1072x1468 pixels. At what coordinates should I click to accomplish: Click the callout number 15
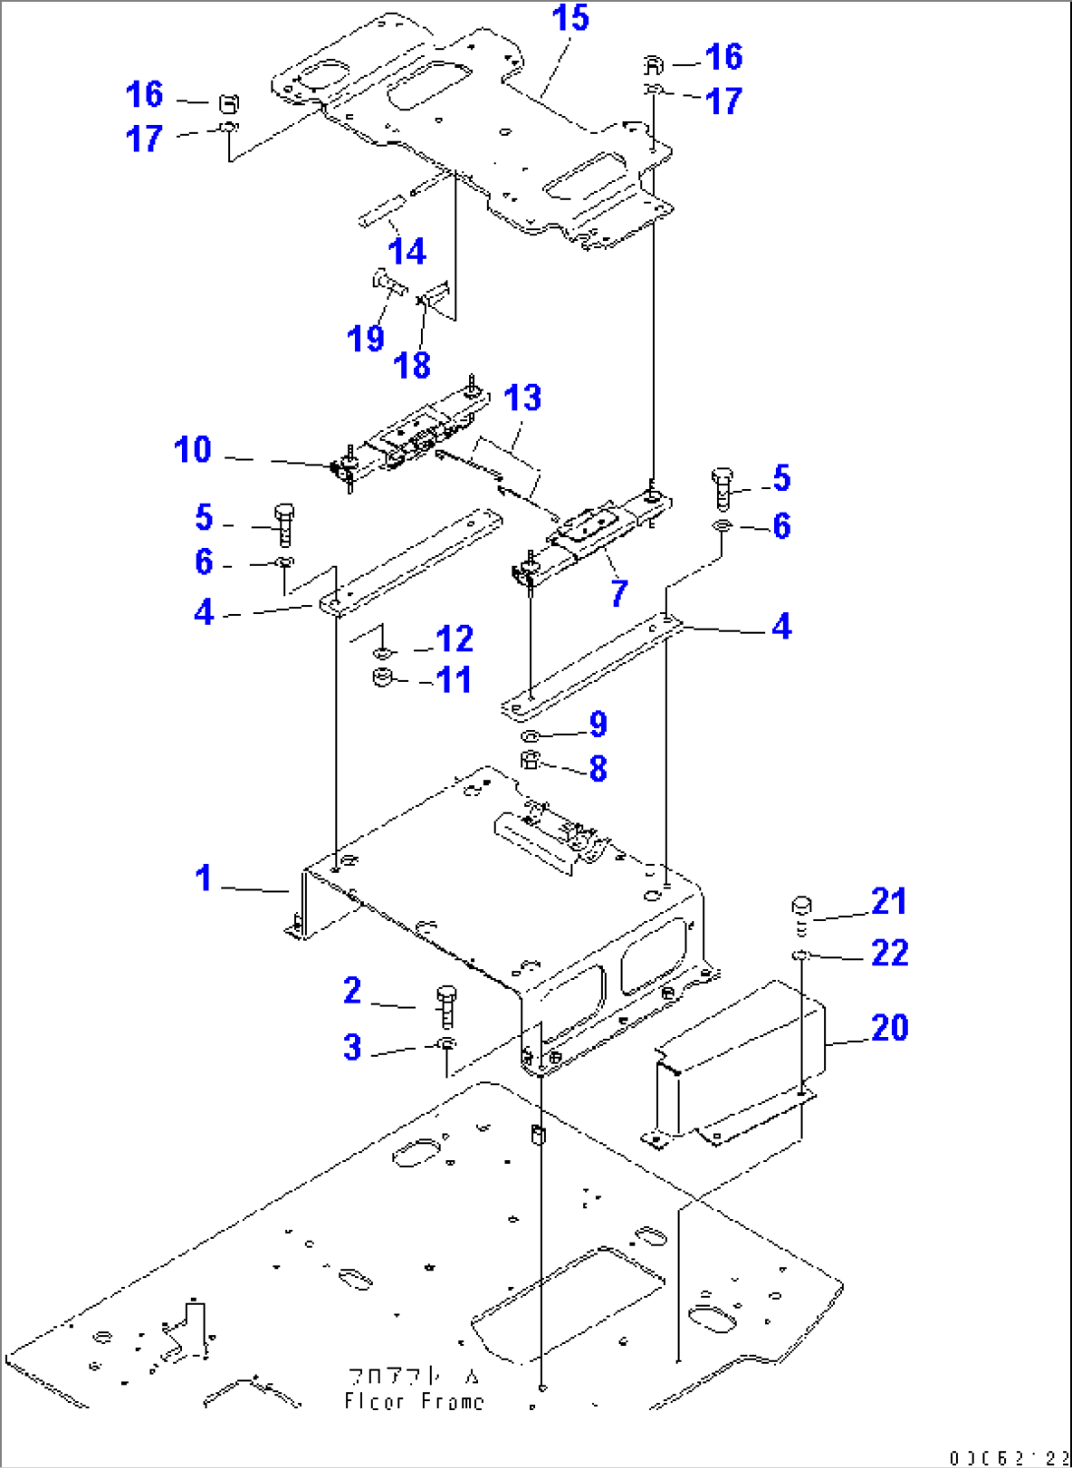point(570,19)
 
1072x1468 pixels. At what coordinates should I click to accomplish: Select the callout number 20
point(889,1028)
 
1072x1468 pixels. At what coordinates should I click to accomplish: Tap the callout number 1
point(204,878)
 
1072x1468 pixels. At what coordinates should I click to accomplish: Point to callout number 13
point(522,398)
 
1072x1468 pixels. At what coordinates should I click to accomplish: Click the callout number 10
point(193,450)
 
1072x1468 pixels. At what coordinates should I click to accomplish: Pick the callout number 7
point(619,592)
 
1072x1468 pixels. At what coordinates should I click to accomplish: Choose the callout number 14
point(406,252)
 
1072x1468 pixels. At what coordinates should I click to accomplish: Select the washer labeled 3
point(447,1044)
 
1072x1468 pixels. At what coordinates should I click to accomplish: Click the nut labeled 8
point(530,761)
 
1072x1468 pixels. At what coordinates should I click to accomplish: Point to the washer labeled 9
point(529,737)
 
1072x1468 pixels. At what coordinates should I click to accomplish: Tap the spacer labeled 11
point(384,678)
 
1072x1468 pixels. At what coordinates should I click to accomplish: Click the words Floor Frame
point(414,1401)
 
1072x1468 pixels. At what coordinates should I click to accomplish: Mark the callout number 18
point(412,366)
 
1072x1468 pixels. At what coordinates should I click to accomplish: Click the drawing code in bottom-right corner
point(1009,1457)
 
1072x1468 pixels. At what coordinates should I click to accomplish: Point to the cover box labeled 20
point(738,1068)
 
